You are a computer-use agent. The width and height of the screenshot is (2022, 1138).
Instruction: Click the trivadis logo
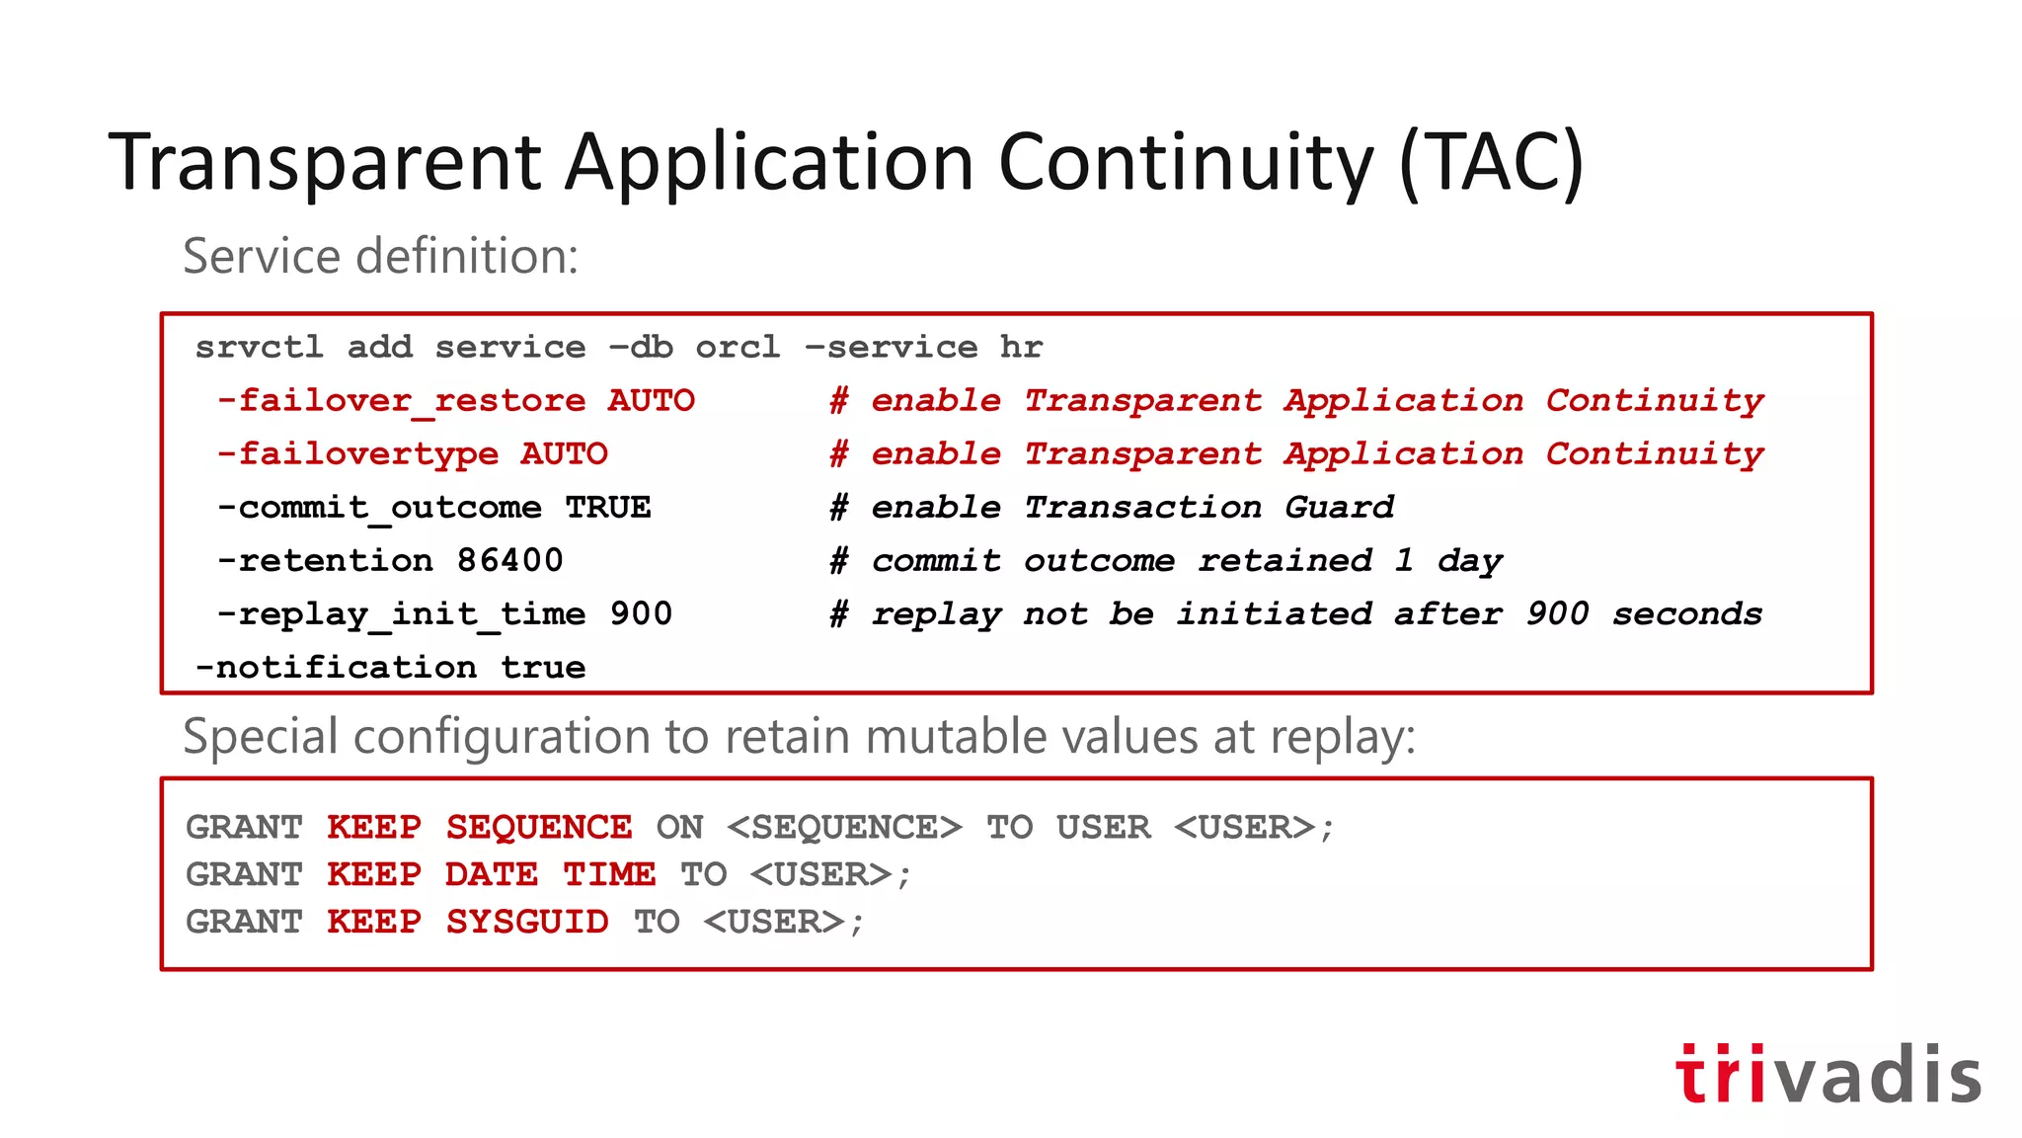(x=1828, y=1074)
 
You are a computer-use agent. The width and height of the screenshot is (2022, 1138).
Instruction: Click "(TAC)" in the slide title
(x=1491, y=163)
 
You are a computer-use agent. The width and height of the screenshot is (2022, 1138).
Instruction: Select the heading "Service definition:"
(x=380, y=256)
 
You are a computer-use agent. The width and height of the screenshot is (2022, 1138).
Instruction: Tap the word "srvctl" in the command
(x=259, y=348)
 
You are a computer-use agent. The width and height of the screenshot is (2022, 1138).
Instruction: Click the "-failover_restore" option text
(x=401, y=401)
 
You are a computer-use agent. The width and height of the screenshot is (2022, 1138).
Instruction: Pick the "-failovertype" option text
(x=357, y=454)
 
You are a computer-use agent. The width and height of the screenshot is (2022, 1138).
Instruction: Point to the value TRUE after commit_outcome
(x=607, y=508)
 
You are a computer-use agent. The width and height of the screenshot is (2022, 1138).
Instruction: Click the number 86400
(x=509, y=561)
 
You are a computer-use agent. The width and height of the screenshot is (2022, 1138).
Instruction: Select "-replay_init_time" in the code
(x=401, y=614)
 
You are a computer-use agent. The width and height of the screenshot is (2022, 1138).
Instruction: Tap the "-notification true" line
(x=390, y=668)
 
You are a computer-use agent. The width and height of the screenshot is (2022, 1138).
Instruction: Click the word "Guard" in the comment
(x=1339, y=508)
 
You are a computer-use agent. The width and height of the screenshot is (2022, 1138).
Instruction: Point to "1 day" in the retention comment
(x=1447, y=561)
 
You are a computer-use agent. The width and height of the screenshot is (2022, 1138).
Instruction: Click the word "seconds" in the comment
(x=1686, y=614)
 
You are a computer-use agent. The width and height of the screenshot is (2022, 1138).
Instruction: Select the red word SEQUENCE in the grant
(x=538, y=827)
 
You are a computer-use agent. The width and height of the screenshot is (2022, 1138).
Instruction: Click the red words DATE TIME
(x=549, y=874)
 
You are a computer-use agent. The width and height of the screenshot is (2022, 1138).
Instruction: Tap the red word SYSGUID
(x=526, y=922)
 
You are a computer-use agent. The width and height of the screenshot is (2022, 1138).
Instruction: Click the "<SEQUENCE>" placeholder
(x=844, y=827)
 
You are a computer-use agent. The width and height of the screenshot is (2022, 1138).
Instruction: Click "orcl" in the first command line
(x=738, y=348)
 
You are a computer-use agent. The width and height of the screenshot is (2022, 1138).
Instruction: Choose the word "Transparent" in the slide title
(x=325, y=163)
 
